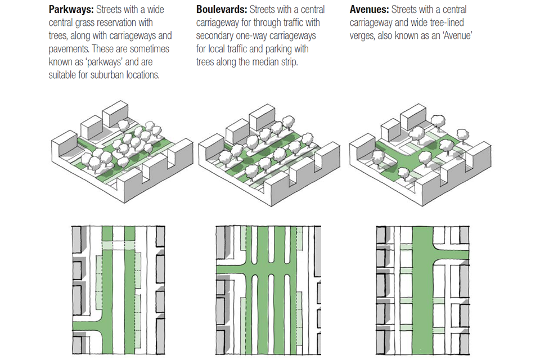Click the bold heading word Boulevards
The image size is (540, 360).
(221, 10)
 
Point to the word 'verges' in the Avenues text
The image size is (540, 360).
(363, 35)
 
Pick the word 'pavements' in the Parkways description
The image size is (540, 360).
(67, 48)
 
